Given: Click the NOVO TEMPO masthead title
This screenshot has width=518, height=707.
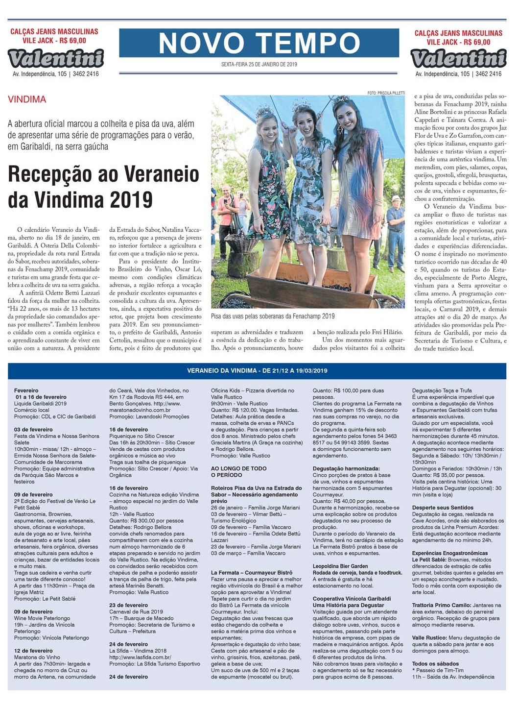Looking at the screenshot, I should tap(259, 43).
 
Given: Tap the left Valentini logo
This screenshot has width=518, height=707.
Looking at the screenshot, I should tap(56, 58).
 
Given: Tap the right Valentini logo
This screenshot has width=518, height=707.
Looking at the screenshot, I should tap(458, 58).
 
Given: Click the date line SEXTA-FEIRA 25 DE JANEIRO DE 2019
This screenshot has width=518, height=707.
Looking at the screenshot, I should tap(259, 64).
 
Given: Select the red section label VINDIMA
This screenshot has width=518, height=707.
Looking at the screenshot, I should tap(27, 99).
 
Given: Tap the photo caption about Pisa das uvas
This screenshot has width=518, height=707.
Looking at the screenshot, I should tap(273, 316).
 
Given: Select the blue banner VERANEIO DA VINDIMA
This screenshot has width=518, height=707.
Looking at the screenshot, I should tap(258, 370).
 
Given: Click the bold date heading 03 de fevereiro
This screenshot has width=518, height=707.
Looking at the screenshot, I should tap(33, 430).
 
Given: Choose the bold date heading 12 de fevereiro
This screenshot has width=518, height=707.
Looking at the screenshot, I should tap(33, 651).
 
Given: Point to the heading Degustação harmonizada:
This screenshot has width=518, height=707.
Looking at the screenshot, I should tap(346, 469).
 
